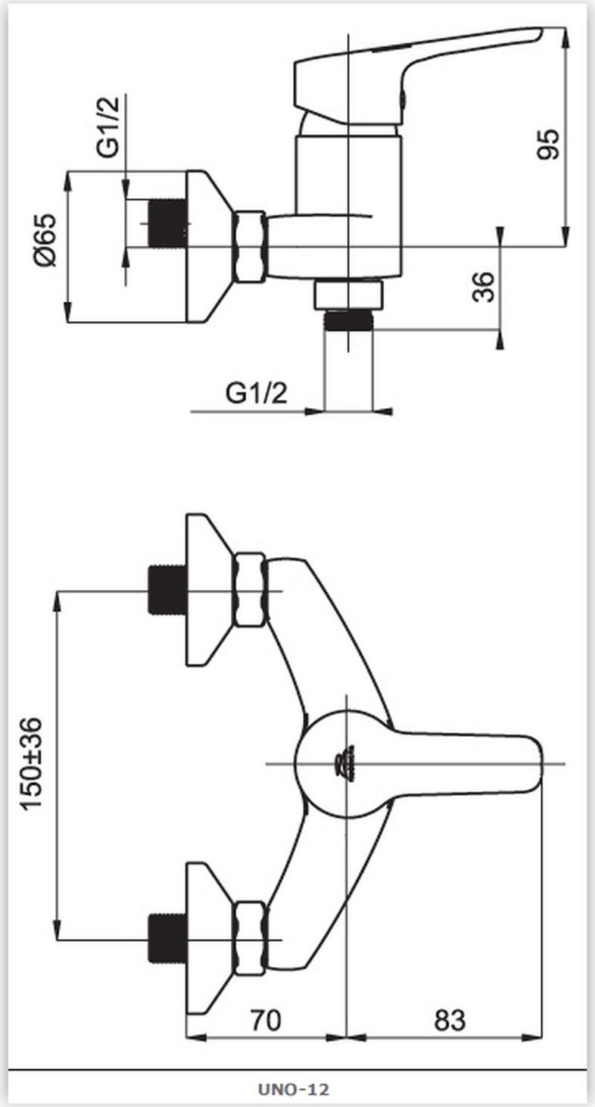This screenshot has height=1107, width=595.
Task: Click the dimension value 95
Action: (x=548, y=144)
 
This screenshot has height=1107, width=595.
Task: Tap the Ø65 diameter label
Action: (x=45, y=240)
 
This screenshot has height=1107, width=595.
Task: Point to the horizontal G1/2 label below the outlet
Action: (x=256, y=394)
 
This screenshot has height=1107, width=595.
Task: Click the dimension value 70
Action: (x=266, y=1019)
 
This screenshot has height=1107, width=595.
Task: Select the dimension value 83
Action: (x=450, y=1019)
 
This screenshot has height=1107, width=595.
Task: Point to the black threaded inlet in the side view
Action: (x=167, y=223)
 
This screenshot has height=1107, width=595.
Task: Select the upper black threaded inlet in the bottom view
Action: (x=167, y=590)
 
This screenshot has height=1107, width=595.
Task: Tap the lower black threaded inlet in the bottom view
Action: (x=167, y=938)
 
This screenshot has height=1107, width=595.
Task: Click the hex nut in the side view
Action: (x=249, y=247)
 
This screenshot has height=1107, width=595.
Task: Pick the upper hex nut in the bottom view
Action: (x=249, y=591)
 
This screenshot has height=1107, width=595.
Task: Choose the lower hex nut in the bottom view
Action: (x=249, y=938)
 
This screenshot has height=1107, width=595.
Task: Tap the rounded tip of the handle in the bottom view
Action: (x=536, y=764)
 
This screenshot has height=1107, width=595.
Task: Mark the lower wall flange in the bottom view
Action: (x=207, y=938)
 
